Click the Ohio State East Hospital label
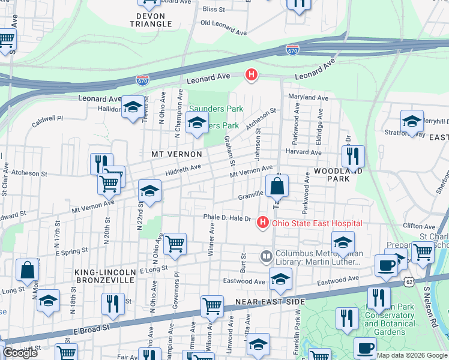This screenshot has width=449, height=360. [x=317, y=223]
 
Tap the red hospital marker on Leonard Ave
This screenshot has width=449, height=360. [x=252, y=76]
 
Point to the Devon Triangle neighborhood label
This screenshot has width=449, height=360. [x=151, y=20]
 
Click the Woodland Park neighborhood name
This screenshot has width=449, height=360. [x=331, y=175]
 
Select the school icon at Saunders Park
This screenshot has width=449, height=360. [x=196, y=124]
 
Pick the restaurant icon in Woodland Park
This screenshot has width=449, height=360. [x=353, y=156]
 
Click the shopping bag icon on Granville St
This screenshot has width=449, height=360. [x=277, y=187]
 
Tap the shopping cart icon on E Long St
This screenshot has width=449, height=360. [x=175, y=244]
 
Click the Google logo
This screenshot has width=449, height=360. [x=20, y=353]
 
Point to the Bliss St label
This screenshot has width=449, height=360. [x=214, y=9]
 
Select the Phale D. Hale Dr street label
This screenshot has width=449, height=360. [x=226, y=218]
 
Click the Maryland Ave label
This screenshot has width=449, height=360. [x=308, y=97]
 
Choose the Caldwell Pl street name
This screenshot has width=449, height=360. [x=47, y=119]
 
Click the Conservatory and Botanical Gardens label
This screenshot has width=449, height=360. [x=389, y=328]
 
